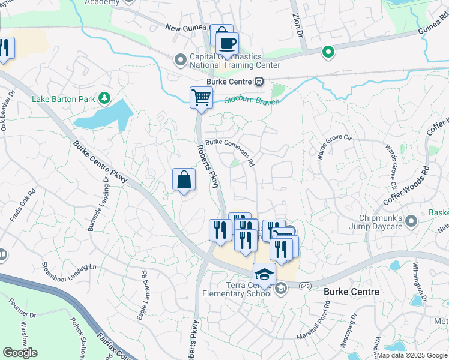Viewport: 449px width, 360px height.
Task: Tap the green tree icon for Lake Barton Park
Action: coord(104,97)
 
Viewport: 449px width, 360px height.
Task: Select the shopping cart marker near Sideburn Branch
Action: coord(201,97)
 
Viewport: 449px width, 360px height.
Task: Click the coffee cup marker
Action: coord(227,43)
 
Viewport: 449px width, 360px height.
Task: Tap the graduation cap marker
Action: coord(264,274)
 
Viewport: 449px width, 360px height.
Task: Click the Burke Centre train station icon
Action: coord(259,82)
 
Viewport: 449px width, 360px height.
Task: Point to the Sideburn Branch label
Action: coord(252,101)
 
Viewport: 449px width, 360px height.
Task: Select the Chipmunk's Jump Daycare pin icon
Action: coord(411,221)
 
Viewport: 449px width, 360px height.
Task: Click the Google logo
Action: coord(20,353)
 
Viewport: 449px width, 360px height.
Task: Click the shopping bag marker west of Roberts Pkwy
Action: coord(184,179)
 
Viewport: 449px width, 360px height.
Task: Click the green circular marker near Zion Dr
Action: coord(328,53)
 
